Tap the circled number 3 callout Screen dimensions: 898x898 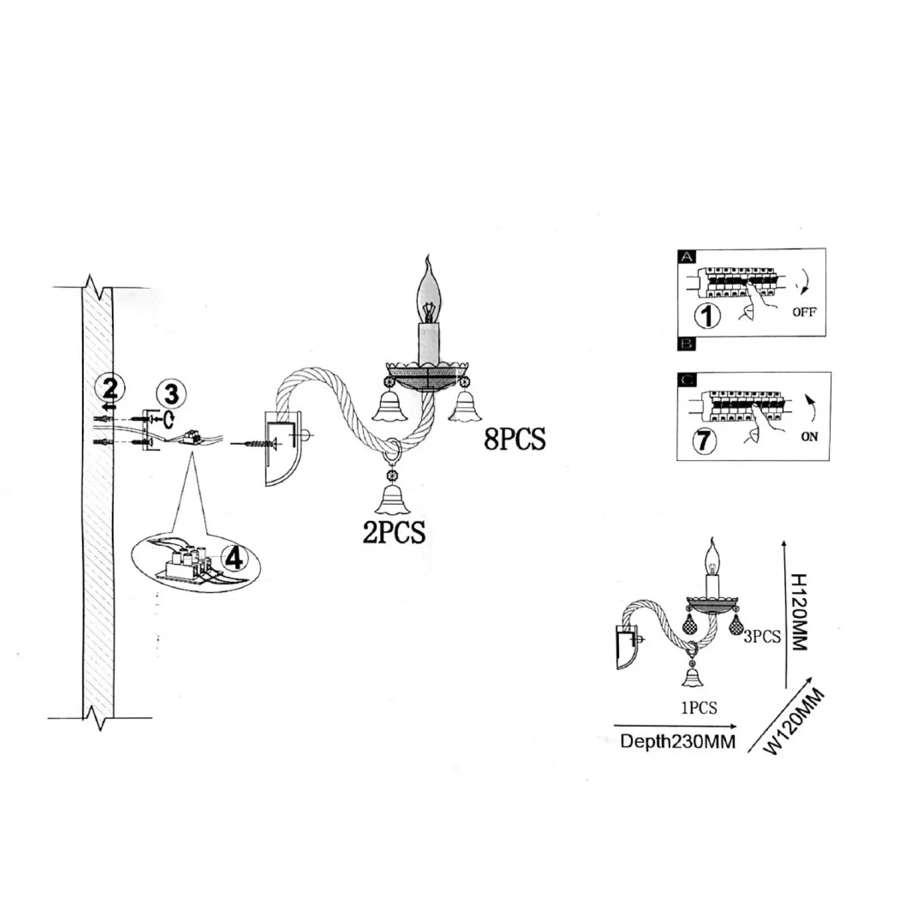[x=171, y=395]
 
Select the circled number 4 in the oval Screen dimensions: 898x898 [x=234, y=559]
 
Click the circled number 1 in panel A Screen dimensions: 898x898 [x=708, y=315]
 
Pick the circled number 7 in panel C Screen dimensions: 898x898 [x=704, y=441]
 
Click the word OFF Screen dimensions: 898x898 [x=804, y=312]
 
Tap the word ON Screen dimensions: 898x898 [x=809, y=437]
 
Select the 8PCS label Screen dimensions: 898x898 [x=515, y=439]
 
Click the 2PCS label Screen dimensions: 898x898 [x=394, y=532]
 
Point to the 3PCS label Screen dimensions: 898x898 [x=762, y=636]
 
